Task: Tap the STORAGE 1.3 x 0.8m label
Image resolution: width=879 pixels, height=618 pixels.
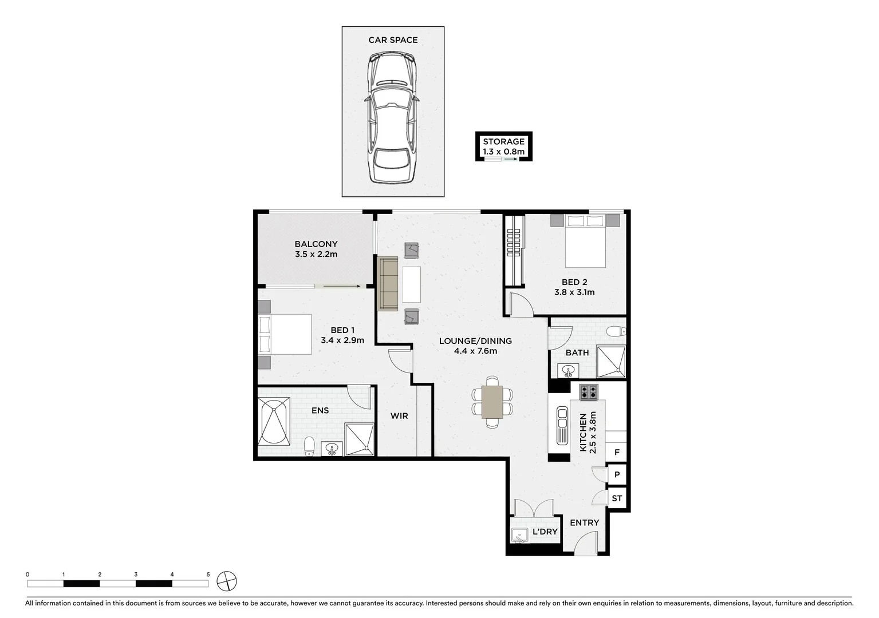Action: pos(503,146)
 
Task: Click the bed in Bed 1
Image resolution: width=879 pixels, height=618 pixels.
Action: pos(285,334)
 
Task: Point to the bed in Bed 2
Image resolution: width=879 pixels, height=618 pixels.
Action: pos(585,240)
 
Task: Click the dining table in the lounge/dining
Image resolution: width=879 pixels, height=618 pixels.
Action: pos(492,402)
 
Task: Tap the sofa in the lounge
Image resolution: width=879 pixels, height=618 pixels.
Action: pos(388,284)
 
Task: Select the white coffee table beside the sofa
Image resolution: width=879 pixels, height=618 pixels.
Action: pos(411,284)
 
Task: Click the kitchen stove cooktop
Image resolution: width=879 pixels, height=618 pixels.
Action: pos(589,392)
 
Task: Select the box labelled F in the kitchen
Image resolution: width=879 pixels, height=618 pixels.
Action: pos(617,452)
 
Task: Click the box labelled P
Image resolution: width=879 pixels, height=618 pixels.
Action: pos(617,474)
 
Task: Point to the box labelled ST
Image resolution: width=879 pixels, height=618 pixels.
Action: pos(617,498)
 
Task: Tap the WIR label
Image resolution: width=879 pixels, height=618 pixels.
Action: pos(399,415)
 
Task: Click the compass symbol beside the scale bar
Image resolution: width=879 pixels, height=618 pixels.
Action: pos(227,581)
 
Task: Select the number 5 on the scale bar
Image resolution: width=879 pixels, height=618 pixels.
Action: pos(208,574)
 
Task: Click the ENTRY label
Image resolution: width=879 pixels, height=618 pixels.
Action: pos(584,522)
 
